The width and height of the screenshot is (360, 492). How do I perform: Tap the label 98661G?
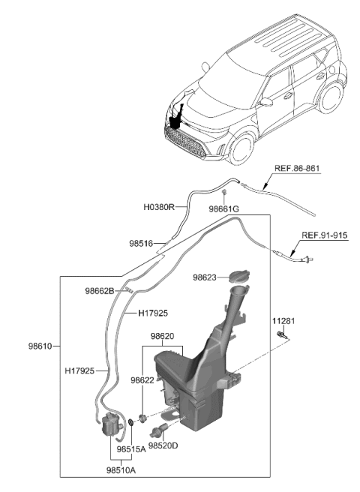pyautogui.click(x=223, y=209)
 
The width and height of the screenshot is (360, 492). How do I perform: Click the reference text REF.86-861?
pyautogui.click(x=296, y=170)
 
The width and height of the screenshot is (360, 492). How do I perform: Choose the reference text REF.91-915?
pyautogui.click(x=325, y=235)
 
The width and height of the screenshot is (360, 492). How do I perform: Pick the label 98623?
pyautogui.click(x=205, y=277)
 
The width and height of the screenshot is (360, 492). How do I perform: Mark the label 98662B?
pyautogui.click(x=99, y=289)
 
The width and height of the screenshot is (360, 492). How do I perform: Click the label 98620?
pyautogui.click(x=163, y=337)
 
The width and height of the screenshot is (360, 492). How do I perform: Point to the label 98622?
pyautogui.click(x=142, y=380)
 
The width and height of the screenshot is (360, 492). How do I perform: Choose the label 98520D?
pyautogui.click(x=163, y=445)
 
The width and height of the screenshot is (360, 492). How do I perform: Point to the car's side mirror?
pyautogui.click(x=265, y=103)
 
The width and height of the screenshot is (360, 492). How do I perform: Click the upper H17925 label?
pyautogui.click(x=152, y=313)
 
